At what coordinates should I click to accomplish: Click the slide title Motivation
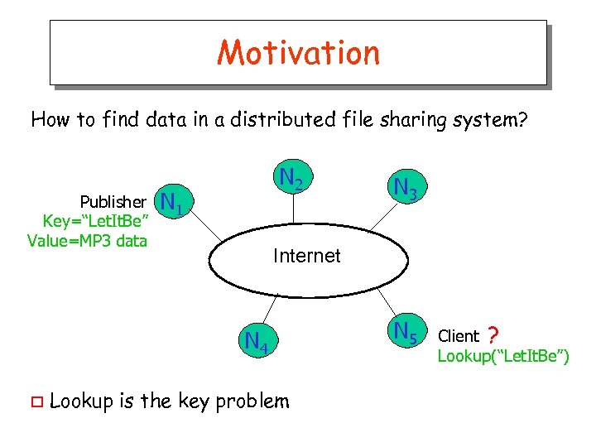(298, 52)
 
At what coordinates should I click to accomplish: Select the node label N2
(291, 179)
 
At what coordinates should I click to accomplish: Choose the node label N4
(256, 340)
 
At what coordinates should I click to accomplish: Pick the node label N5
(405, 332)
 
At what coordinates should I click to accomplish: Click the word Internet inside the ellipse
(306, 256)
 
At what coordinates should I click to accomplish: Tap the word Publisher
(113, 202)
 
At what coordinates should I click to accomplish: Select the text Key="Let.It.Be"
(95, 222)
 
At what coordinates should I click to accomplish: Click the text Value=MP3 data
(87, 241)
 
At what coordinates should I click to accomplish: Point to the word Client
(459, 336)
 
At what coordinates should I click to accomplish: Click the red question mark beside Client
(493, 335)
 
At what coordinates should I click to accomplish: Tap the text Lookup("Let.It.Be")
(503, 356)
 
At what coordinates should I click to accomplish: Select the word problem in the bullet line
(252, 402)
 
